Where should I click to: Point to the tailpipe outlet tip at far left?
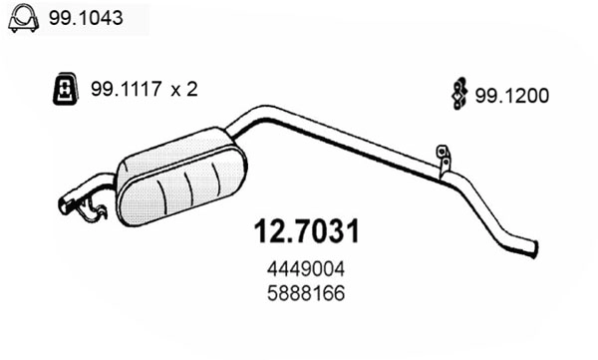click(65, 206)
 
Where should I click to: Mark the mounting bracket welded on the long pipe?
click(442, 161)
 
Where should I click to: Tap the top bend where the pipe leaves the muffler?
click(261, 112)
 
